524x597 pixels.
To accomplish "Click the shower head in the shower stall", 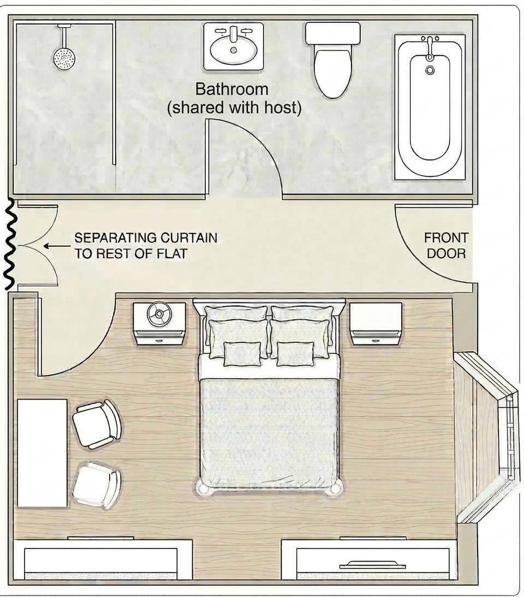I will (64, 57).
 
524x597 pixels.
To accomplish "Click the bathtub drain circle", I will (430, 70).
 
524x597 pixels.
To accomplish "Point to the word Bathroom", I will (232, 89).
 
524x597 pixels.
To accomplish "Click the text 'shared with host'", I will (234, 108).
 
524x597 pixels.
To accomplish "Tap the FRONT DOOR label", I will (446, 246).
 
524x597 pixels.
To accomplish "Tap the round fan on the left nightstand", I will (158, 315).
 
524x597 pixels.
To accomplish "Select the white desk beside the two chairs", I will (42, 452).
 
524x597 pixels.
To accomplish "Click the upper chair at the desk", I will (97, 425).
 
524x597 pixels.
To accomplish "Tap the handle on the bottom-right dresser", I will (372, 565).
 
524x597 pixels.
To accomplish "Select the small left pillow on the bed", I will (242, 354).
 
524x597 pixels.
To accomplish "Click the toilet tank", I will (333, 33).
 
